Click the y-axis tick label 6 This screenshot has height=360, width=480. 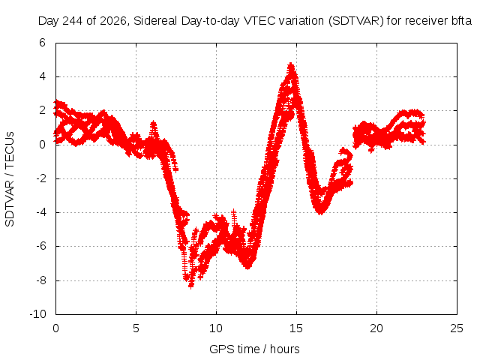point(42,43)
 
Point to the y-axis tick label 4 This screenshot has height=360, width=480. point(42,76)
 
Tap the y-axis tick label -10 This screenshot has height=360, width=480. point(38,314)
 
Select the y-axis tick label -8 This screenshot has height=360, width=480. point(40,280)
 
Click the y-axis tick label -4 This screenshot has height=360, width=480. point(40,212)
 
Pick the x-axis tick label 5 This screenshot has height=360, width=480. point(136,328)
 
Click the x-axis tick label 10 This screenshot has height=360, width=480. point(216,328)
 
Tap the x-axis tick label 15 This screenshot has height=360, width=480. point(296,328)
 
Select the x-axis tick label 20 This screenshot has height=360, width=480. point(376,328)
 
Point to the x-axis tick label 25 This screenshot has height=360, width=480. point(457,328)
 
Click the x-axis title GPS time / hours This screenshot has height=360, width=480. point(254,349)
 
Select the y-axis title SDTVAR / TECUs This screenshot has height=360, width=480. point(10,179)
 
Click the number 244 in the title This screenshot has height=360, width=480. point(72,21)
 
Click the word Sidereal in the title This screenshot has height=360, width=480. point(155,21)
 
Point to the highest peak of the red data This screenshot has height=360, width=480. point(291,64)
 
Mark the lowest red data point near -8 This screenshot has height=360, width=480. point(191,286)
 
